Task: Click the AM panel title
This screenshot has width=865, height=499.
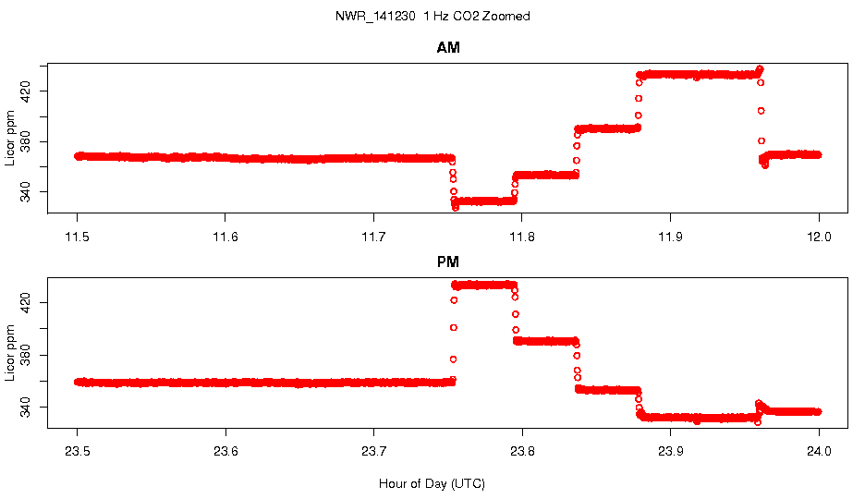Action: point(448,48)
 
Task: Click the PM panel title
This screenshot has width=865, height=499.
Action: point(448,262)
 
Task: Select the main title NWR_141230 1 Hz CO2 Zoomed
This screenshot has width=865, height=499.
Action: point(432,17)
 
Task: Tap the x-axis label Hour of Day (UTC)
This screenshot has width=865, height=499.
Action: point(432,483)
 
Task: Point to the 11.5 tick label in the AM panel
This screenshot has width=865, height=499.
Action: point(78,237)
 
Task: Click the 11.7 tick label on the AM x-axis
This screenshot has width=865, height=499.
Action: point(373,237)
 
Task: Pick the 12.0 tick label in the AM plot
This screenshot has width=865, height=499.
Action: point(819,237)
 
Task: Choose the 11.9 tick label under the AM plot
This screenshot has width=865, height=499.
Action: point(670,237)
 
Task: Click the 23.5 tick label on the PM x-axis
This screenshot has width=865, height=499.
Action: point(78,452)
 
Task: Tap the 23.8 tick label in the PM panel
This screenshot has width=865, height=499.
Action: point(522,452)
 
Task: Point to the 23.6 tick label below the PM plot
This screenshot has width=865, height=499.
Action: point(225,452)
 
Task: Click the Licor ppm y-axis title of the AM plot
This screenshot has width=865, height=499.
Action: point(11,138)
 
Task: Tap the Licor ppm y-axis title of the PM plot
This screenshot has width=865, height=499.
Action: point(11,352)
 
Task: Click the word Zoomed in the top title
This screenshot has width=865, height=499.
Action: point(507,17)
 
